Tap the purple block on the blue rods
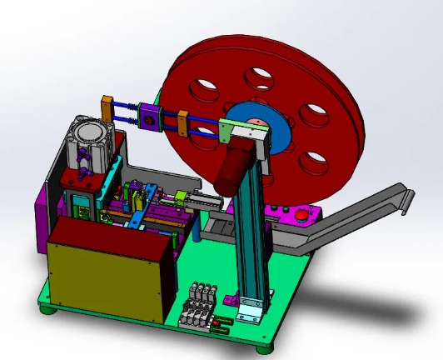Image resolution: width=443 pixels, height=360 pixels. tap(150, 118)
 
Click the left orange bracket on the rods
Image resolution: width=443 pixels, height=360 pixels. tap(107, 108)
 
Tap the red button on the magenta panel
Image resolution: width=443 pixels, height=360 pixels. tap(301, 215)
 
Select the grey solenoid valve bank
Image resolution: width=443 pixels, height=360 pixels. tap(200, 303)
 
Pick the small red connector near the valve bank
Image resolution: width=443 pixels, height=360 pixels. tap(219, 325)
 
